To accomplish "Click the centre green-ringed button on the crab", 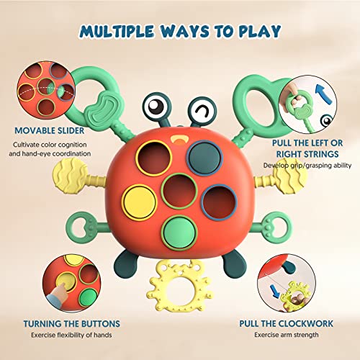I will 179,190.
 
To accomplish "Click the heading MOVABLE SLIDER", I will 49,132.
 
